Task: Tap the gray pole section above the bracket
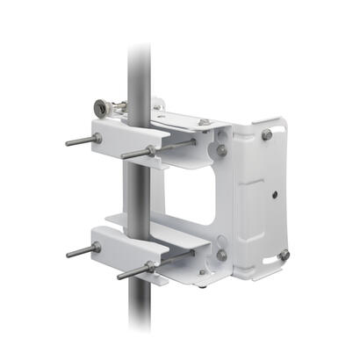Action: click(139, 61)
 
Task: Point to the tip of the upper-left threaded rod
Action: click(67, 142)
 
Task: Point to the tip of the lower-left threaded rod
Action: click(68, 255)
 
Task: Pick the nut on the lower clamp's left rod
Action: click(96, 248)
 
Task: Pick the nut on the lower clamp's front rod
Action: click(151, 264)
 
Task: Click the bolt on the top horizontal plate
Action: click(205, 122)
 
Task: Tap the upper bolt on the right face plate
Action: click(266, 134)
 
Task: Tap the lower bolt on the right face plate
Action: click(283, 255)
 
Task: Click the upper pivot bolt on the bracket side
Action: click(221, 150)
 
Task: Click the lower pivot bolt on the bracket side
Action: click(221, 256)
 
